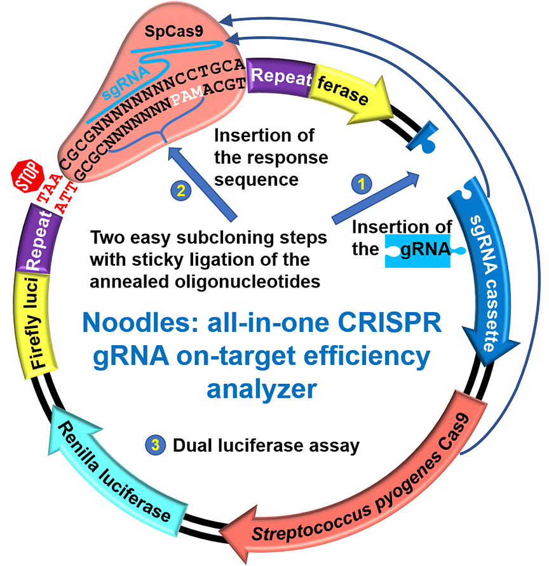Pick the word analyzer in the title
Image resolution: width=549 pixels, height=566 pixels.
261,388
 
